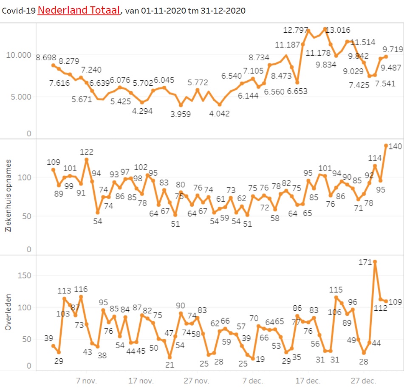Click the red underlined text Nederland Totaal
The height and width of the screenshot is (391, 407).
click(79, 10)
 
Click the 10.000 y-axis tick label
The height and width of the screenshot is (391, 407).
click(18, 55)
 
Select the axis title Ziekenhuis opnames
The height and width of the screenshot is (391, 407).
click(7, 196)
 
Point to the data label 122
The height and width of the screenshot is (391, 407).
click(86, 152)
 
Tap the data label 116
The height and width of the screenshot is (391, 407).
click(81, 290)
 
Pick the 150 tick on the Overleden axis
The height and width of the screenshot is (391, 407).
click(25, 276)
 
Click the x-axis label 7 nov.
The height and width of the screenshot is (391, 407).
click(87, 380)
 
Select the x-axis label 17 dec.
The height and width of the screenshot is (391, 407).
click(308, 380)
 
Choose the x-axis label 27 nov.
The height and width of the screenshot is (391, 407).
click(198, 380)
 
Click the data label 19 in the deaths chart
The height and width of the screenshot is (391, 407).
click(260, 359)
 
